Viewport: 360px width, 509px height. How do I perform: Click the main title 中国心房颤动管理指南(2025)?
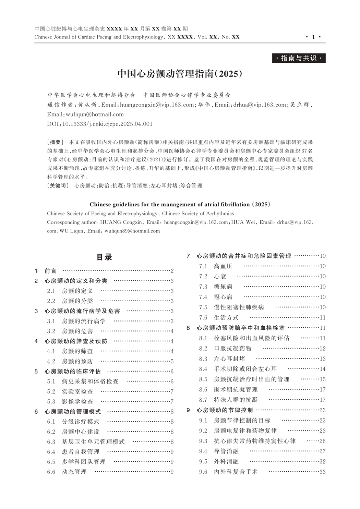pyautogui.click(x=180, y=74)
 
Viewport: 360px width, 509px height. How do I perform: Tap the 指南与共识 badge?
pyautogui.click(x=298, y=58)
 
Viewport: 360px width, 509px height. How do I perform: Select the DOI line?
pyautogui.click(x=100, y=124)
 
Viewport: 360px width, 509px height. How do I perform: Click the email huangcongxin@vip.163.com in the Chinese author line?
pyautogui.click(x=157, y=105)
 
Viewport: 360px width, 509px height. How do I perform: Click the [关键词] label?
pyautogui.click(x=57, y=185)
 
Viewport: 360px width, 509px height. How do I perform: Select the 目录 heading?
pyautogui.click(x=104, y=257)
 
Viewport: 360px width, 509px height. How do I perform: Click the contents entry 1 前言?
pyautogui.click(x=50, y=271)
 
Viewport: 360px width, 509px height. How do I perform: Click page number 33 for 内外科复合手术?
pyautogui.click(x=322, y=472)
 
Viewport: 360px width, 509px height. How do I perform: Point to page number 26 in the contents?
pyautogui.click(x=322, y=441)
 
